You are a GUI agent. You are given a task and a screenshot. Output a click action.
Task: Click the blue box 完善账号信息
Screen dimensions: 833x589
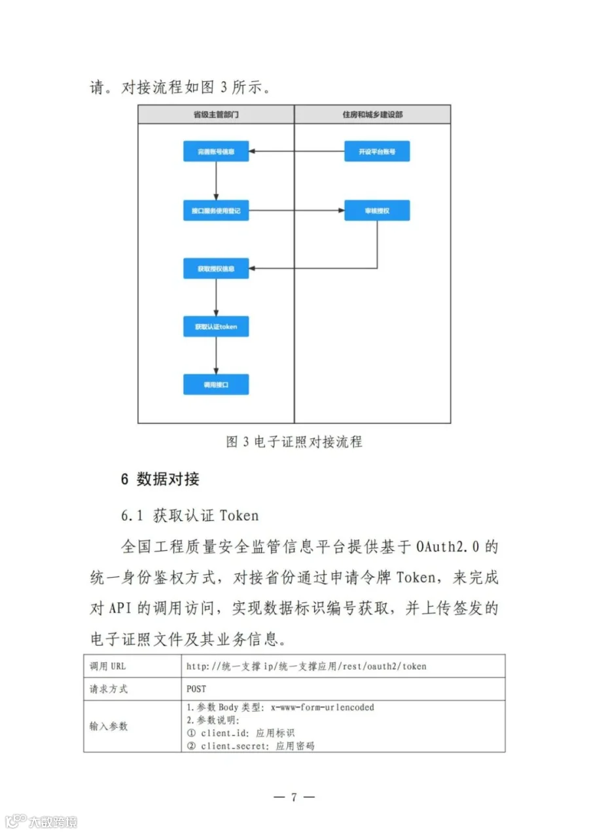coord(216,151)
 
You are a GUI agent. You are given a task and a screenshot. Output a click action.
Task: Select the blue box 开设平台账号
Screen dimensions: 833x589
coord(377,151)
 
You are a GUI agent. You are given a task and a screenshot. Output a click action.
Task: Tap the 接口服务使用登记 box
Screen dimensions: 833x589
coord(216,211)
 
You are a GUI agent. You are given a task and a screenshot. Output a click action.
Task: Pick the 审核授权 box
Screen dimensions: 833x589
coord(377,211)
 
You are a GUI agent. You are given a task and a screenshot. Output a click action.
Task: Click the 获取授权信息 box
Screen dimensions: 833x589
coord(216,268)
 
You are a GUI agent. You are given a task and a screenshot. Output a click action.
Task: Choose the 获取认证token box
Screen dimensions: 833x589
coord(216,326)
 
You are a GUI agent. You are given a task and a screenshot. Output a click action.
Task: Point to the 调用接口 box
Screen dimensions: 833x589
coord(216,384)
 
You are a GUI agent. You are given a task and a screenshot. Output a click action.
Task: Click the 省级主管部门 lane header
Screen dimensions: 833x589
coord(216,115)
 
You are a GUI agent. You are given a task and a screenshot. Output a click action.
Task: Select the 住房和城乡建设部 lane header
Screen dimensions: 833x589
coord(372,115)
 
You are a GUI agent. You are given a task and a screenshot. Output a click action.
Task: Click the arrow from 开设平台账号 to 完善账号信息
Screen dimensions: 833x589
coord(296,152)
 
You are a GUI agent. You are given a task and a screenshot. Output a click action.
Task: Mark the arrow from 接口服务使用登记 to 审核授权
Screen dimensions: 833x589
coord(296,211)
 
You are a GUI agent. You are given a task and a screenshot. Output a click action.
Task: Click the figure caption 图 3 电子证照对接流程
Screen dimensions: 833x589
coord(294,442)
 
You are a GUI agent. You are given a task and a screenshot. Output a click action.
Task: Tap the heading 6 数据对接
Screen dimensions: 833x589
coord(160,479)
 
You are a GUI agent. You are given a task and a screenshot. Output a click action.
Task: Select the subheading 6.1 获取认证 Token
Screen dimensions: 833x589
coord(190,516)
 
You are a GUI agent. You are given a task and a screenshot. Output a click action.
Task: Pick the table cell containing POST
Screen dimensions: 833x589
coord(196,689)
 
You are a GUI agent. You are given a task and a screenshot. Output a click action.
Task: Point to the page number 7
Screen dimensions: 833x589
coord(294,797)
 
